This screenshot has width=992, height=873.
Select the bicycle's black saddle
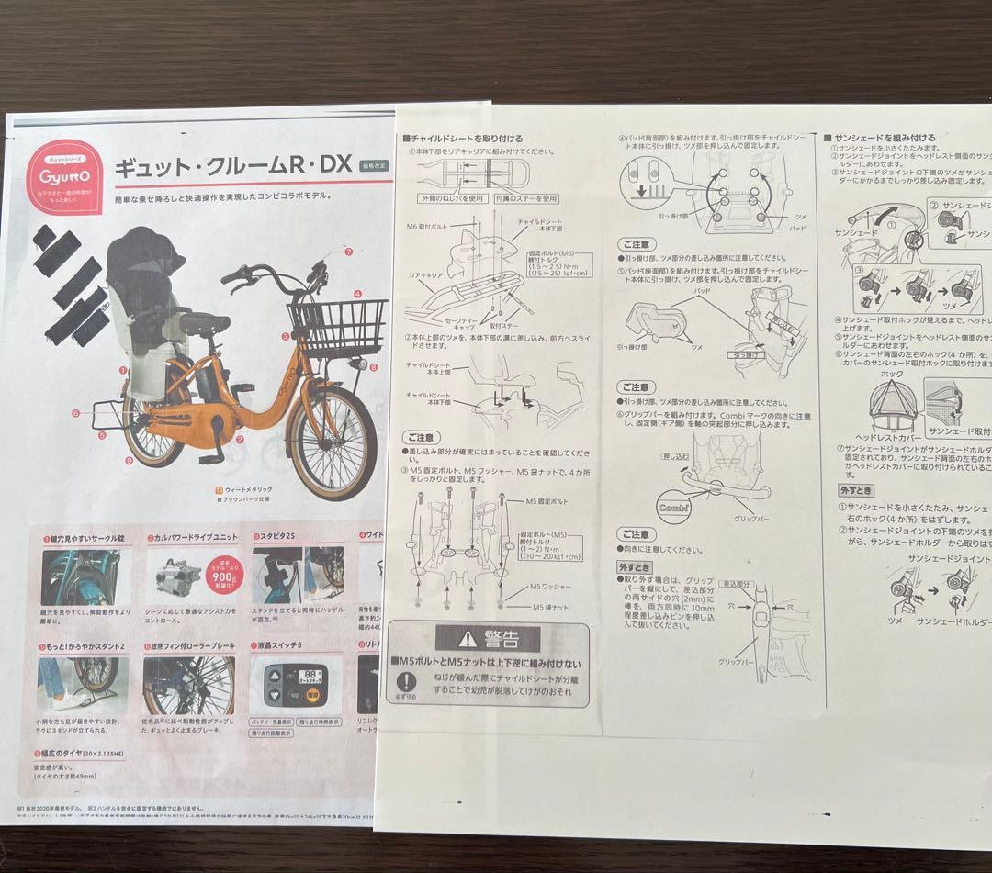point(205,321)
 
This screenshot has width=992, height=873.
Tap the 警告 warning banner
point(488,637)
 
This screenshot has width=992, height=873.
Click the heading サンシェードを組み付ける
point(884,137)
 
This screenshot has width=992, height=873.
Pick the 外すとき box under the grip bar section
point(635,566)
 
